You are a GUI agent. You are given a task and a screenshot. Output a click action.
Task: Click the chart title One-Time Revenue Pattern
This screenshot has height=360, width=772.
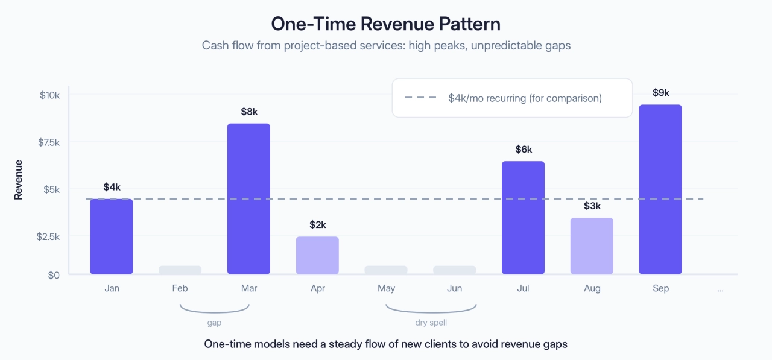click(385, 24)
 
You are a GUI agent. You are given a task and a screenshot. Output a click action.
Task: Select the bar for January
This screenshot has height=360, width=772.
click(112, 236)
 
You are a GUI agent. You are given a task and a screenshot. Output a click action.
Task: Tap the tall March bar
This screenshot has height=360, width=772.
click(248, 199)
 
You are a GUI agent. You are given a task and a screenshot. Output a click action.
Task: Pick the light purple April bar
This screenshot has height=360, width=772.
click(317, 256)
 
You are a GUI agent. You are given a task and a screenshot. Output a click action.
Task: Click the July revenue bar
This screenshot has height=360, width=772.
click(523, 218)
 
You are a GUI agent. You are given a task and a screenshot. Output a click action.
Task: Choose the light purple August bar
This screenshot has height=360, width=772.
click(592, 246)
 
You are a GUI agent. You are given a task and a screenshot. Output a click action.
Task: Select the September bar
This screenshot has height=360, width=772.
click(660, 189)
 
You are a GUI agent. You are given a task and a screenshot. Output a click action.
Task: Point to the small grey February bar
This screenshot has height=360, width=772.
click(180, 270)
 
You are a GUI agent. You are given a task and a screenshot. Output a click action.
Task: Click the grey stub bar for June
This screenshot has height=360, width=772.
click(454, 270)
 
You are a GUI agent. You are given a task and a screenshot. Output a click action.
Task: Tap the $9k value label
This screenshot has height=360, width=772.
click(660, 93)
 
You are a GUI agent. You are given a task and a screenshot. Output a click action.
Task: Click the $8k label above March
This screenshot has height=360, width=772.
click(248, 112)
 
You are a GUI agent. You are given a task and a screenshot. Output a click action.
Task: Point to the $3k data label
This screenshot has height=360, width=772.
click(592, 206)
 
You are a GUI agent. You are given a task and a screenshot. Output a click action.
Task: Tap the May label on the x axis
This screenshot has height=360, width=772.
click(386, 288)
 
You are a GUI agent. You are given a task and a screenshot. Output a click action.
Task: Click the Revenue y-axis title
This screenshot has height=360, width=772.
click(19, 180)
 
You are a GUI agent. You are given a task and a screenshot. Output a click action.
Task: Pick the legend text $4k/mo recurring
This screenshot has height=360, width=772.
click(525, 98)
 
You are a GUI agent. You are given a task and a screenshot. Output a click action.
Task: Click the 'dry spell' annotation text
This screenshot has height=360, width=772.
click(431, 323)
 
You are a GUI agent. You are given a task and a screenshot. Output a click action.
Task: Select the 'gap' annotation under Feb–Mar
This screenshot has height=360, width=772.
click(214, 323)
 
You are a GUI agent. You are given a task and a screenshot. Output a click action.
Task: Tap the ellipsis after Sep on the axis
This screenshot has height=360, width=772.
click(720, 289)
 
